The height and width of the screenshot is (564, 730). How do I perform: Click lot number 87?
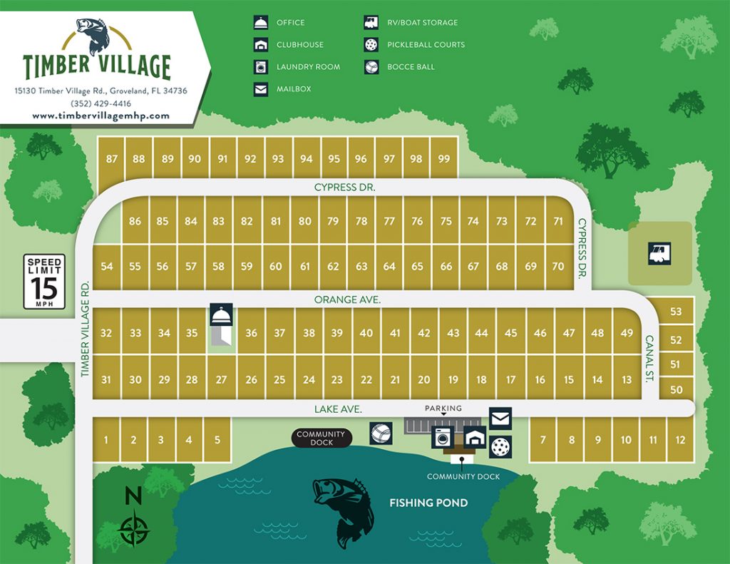111,159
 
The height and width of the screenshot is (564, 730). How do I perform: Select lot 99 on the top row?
444,159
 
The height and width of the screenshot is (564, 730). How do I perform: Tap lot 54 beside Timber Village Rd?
107,267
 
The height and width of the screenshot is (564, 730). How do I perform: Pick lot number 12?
680,440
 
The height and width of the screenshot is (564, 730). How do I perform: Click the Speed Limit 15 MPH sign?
44,282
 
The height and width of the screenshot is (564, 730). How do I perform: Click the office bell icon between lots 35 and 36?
220,315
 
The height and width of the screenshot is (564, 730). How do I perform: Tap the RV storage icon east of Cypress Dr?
659,253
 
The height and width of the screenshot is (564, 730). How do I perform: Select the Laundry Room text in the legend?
308,67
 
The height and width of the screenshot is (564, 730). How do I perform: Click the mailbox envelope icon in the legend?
262,89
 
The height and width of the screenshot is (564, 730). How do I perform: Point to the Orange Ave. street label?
347,300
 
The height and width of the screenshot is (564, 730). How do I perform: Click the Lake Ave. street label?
339,409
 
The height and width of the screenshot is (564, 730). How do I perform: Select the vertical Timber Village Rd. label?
84,328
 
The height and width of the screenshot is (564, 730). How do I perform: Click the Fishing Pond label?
428,503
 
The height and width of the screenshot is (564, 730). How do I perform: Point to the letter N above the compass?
133,495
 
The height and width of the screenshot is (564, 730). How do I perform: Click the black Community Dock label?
321,438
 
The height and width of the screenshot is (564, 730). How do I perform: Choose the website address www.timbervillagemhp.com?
101,116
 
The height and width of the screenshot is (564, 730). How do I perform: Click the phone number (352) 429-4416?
101,103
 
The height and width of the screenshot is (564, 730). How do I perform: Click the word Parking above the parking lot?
443,409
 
